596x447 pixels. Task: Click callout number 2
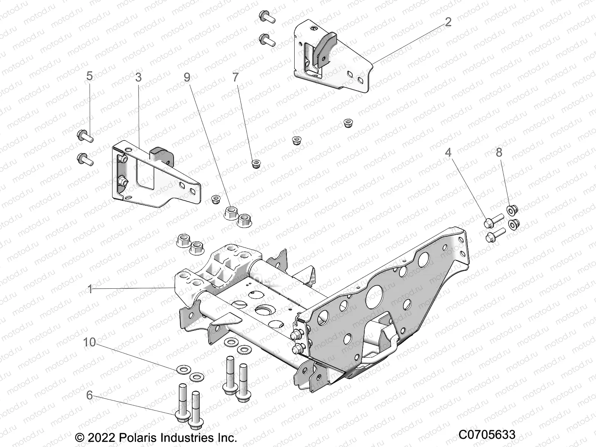click(x=448, y=22)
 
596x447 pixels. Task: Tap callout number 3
click(x=138, y=77)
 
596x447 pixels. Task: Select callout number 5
click(x=89, y=76)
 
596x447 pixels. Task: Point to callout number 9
click(x=187, y=77)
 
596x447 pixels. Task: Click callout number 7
click(x=235, y=77)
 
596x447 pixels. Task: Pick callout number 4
click(x=448, y=152)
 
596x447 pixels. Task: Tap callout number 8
click(x=499, y=152)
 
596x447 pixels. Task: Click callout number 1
click(x=90, y=289)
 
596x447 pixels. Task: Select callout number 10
click(x=89, y=342)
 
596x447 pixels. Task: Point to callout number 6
click(x=89, y=395)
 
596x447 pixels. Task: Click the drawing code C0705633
click(x=486, y=435)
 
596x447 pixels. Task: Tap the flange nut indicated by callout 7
click(x=256, y=164)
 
